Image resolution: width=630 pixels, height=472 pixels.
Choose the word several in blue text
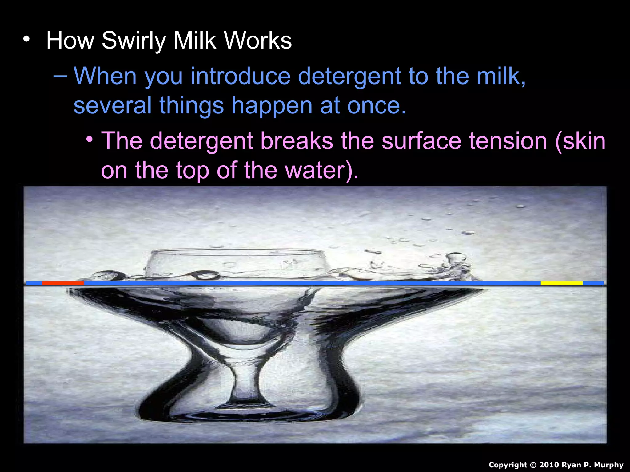click(112, 105)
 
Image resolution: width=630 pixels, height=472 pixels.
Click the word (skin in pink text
click(580, 141)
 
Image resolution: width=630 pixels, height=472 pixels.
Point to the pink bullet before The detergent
click(90, 139)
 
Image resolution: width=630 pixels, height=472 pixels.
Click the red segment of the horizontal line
click(63, 283)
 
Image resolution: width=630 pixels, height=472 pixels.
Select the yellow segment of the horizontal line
click(561, 283)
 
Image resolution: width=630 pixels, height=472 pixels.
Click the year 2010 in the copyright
click(549, 465)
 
